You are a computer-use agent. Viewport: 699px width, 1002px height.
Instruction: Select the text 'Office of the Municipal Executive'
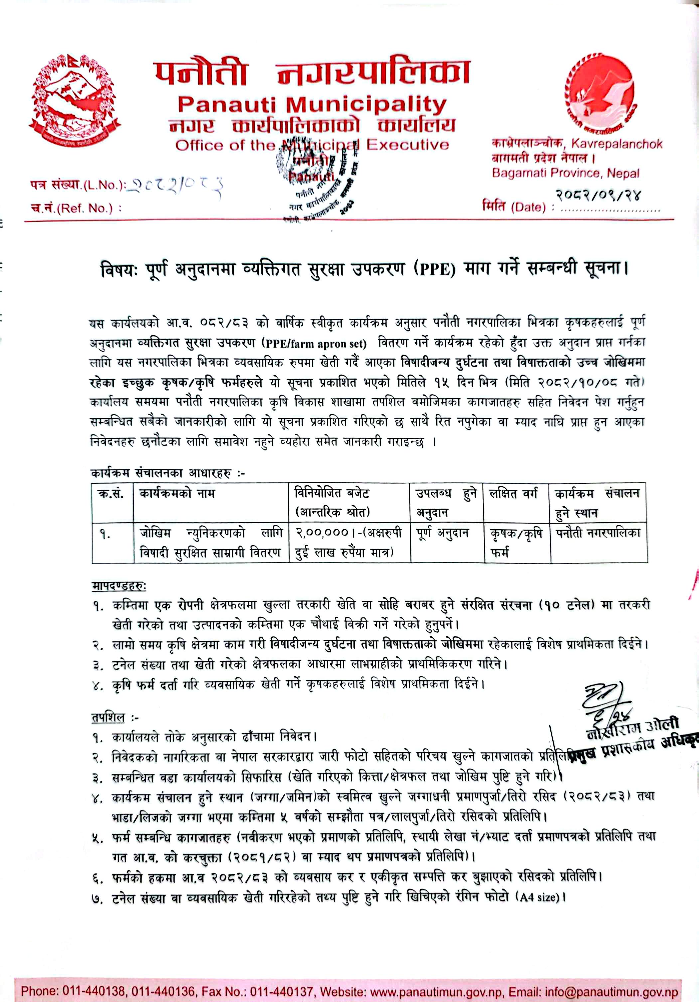[x=312, y=145]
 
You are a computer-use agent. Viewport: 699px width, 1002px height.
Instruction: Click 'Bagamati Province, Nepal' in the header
[x=565, y=173]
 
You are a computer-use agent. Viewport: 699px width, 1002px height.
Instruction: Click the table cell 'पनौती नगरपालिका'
[x=598, y=533]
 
